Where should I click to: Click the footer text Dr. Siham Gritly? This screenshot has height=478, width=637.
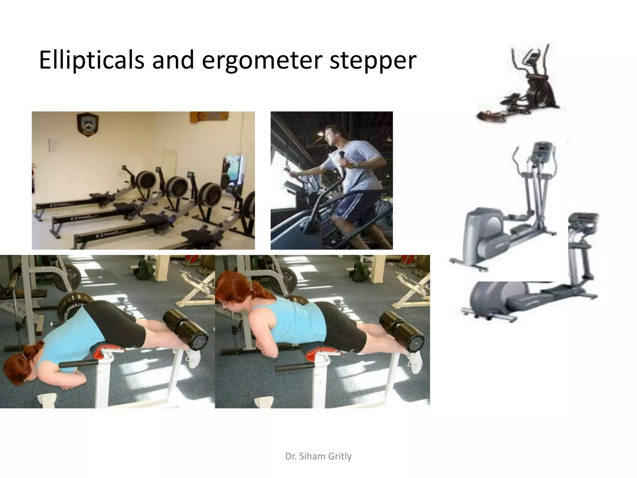point(318,456)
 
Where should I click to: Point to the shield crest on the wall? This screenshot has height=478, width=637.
point(88,124)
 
